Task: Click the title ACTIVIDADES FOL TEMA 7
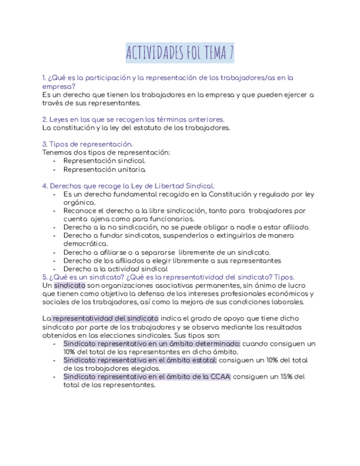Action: [180, 53]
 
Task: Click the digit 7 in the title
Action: [231, 53]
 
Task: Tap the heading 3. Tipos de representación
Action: [87, 144]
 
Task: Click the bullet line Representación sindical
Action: [104, 161]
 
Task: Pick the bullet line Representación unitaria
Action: [104, 169]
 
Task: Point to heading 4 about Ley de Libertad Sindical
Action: [128, 186]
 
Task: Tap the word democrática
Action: [85, 243]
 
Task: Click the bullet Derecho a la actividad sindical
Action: [115, 269]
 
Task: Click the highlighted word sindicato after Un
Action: [70, 286]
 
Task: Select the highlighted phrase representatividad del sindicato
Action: [105, 318]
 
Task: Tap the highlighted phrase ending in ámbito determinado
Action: [152, 343]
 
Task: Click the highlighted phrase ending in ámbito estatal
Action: [140, 360]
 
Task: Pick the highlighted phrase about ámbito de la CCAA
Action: [147, 376]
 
